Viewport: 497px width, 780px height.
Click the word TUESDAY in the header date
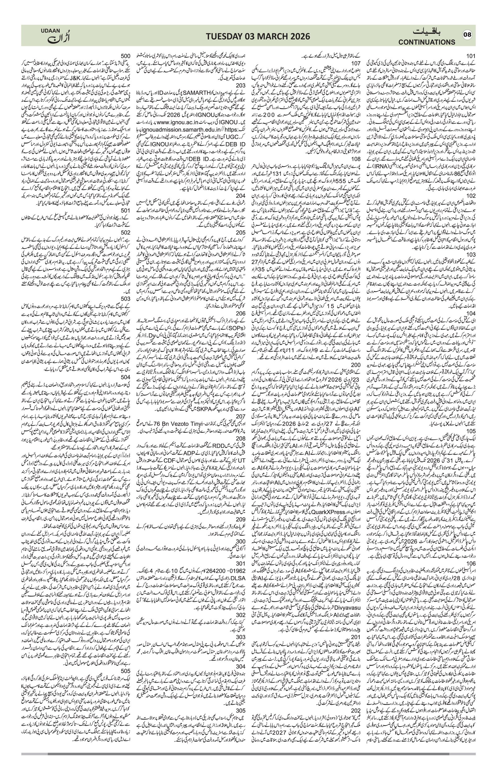pyautogui.click(x=211, y=36)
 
